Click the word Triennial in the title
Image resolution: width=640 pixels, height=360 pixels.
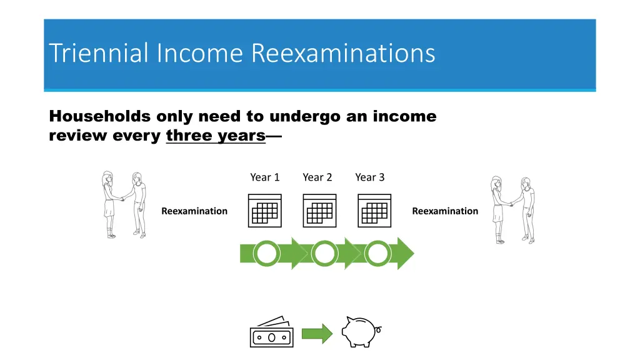click(99, 53)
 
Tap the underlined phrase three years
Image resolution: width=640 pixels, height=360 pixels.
click(216, 136)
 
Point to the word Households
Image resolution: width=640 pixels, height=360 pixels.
click(99, 116)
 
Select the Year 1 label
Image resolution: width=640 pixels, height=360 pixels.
click(265, 177)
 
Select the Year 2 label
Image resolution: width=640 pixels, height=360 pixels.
click(317, 177)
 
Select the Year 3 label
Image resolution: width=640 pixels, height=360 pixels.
click(370, 177)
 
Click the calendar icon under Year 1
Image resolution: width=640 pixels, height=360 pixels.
click(265, 210)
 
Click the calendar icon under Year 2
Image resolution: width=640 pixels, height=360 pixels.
click(319, 210)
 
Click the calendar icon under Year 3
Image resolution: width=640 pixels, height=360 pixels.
click(374, 210)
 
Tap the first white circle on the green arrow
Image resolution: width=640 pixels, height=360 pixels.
click(267, 254)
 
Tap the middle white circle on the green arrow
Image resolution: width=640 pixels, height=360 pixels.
click(324, 254)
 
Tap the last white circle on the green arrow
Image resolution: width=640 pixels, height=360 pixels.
click(377, 254)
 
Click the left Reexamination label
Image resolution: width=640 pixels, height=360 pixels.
click(194, 211)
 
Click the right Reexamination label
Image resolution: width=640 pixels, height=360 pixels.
click(445, 211)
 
